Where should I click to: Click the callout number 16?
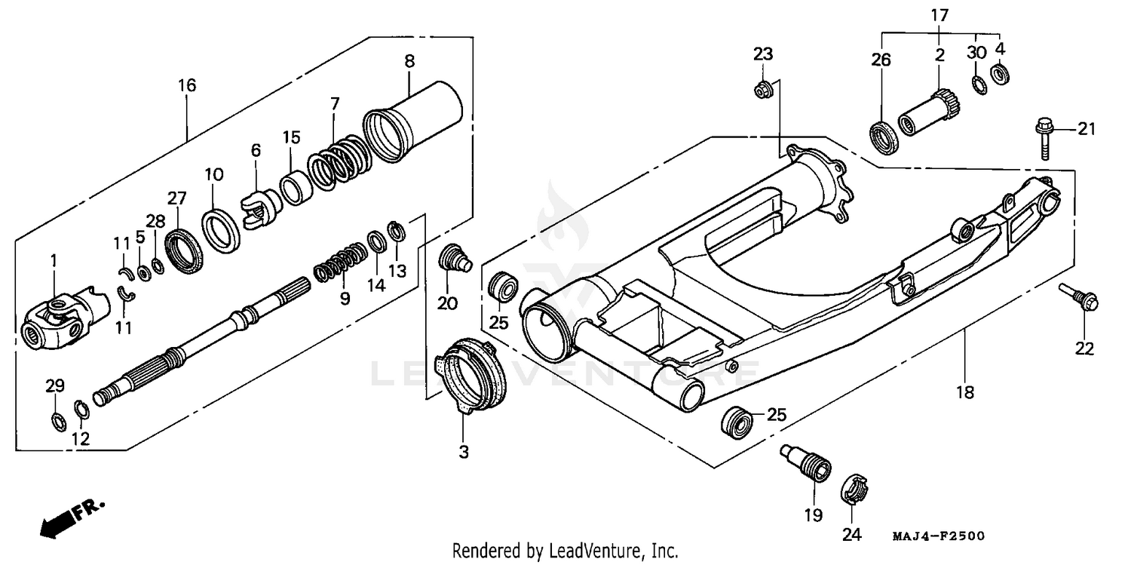tap(187, 85)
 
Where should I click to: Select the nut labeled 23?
tap(762, 90)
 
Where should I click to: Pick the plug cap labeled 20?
tap(452, 258)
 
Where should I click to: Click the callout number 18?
tap(965, 392)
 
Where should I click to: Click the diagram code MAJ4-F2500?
tap(939, 536)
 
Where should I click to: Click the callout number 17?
tap(939, 14)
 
